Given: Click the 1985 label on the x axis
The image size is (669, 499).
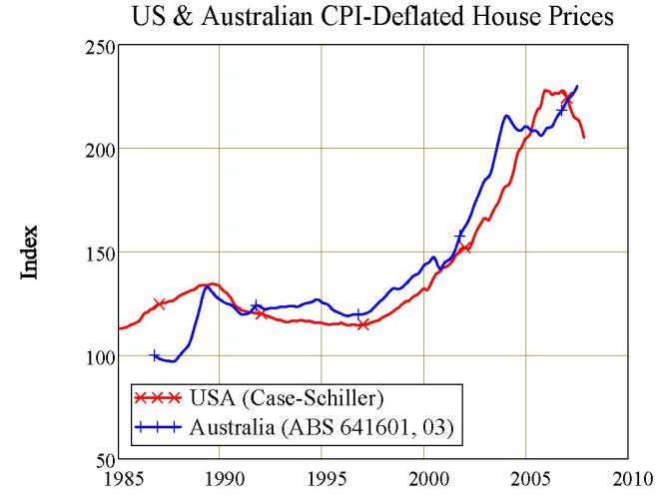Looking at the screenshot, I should [118, 477].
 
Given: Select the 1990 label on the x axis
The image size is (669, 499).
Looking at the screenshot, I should [221, 477].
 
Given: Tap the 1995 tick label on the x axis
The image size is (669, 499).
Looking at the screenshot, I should [323, 477].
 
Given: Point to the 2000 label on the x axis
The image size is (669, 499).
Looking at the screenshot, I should [424, 477].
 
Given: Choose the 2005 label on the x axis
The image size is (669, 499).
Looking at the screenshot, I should [526, 477].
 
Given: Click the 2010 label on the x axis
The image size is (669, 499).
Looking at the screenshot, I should [628, 477].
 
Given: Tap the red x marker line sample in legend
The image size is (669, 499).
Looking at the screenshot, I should [159, 399].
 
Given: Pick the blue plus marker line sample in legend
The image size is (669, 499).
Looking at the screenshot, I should [159, 427].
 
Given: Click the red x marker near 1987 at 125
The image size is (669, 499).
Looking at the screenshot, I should [159, 303].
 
